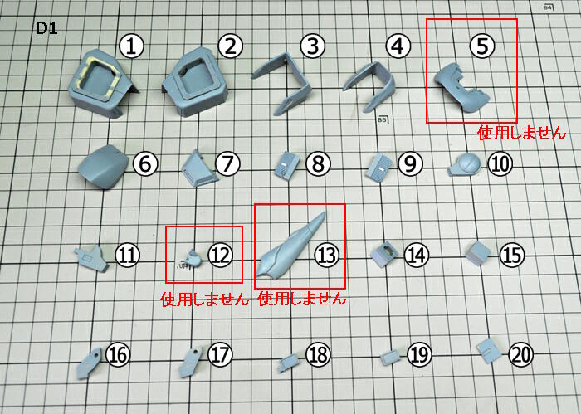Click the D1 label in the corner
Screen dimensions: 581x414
pyautogui.click(x=46, y=28)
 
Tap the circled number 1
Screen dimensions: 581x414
pyautogui.click(x=131, y=46)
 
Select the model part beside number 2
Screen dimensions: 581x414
pyautogui.click(x=195, y=81)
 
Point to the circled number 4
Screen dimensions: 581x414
pyautogui.click(x=398, y=46)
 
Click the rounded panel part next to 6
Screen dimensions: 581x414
pyautogui.click(x=104, y=166)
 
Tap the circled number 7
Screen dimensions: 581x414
pyautogui.click(x=227, y=163)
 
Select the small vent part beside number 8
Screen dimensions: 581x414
pyautogui.click(x=287, y=166)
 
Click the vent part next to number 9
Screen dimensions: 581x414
pyautogui.click(x=378, y=168)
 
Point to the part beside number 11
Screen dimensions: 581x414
pyautogui.click(x=92, y=259)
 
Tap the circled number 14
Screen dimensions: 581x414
pyautogui.click(x=417, y=256)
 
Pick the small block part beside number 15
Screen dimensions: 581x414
pyautogui.click(x=478, y=253)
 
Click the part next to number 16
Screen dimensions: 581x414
pyautogui.click(x=89, y=363)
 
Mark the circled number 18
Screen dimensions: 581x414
pyautogui.click(x=318, y=355)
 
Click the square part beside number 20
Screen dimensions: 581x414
pyautogui.click(x=489, y=350)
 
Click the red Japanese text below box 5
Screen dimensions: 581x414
pyautogui.click(x=522, y=133)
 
